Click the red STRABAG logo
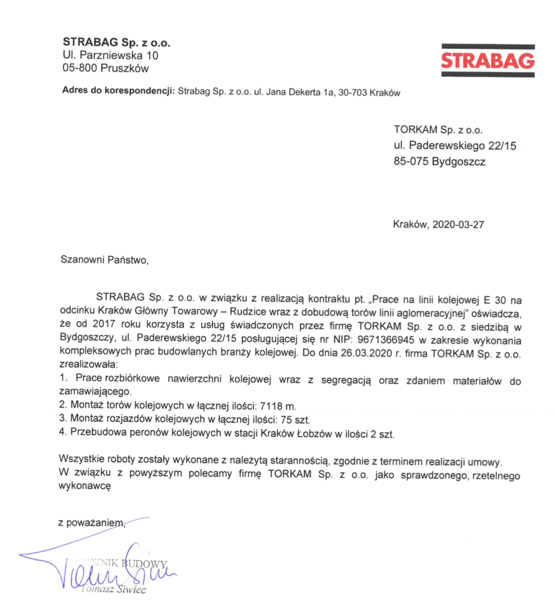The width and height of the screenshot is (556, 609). click(488, 61)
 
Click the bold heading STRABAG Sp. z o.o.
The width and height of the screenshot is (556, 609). click(116, 43)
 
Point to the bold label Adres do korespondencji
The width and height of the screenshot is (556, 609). click(117, 92)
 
